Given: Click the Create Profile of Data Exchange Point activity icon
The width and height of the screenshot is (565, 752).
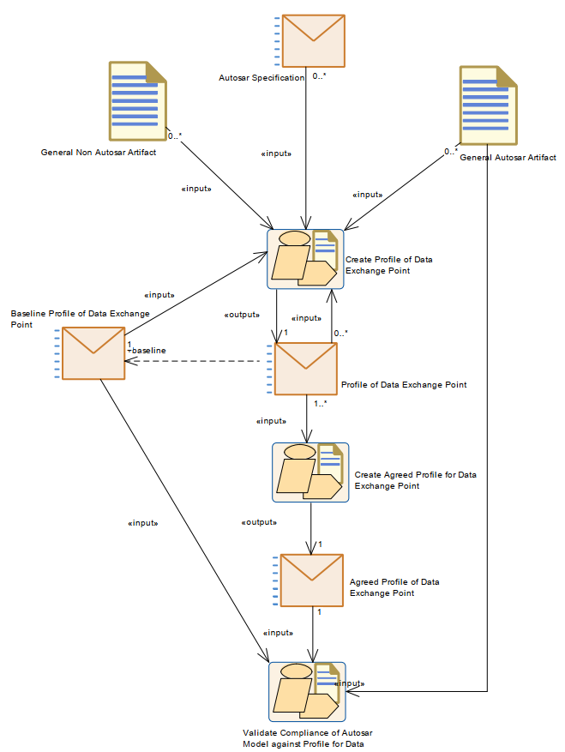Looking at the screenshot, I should point(306,259).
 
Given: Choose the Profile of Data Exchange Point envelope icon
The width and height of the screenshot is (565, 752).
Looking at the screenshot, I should point(305,370).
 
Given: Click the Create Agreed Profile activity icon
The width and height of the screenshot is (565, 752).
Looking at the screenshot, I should point(310,472).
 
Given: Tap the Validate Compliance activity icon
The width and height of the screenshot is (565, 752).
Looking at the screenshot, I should point(307,692).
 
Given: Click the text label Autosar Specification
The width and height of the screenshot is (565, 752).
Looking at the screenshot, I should point(261,78).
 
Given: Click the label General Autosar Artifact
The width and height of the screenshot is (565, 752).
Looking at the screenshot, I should point(508,158).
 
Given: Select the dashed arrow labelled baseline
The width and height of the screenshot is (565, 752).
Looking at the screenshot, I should point(197,361).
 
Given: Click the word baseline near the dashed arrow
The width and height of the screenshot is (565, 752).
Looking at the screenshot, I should point(149,351).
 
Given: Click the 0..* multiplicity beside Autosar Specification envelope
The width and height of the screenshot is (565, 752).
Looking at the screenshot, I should point(319,77).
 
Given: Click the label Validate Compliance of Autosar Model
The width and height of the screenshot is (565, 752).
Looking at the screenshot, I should point(307,738).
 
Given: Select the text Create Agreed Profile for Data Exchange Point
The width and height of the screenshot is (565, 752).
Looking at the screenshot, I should point(415,480).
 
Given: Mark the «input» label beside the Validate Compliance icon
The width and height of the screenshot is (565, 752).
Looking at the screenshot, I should point(351,683).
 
